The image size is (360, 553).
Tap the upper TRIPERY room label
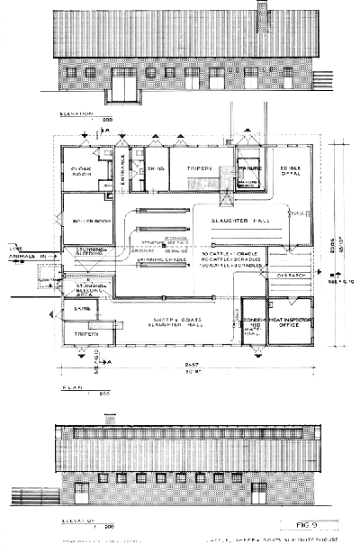pyautogui.click(x=201, y=168)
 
